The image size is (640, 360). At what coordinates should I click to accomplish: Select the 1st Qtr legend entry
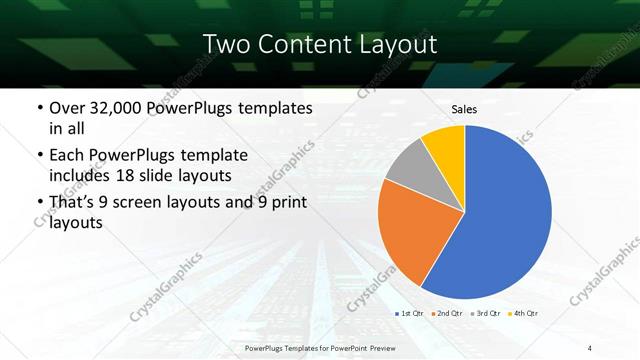411,314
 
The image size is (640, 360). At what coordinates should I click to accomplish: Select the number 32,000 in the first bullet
114,108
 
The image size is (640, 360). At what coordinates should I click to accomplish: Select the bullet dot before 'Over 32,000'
39,108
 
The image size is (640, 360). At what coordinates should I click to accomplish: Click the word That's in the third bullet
72,203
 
